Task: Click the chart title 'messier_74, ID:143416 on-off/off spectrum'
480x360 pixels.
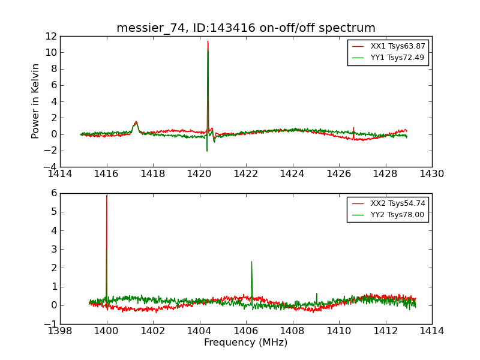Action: [x=246, y=28]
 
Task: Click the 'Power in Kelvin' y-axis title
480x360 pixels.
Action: [x=36, y=101]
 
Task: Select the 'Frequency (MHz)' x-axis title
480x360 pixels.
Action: [x=246, y=343]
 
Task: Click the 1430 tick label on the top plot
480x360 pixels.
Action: [x=431, y=174]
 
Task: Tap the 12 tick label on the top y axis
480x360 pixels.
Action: [x=50, y=36]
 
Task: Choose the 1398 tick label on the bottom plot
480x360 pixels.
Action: [x=60, y=331]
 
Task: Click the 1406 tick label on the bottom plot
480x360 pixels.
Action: [x=246, y=331]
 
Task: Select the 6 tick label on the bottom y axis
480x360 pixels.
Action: [x=53, y=193]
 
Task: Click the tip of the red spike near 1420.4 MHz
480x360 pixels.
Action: [x=208, y=41]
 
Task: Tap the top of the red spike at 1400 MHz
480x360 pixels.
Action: [x=107, y=196]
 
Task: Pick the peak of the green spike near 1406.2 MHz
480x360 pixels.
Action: [x=251, y=262]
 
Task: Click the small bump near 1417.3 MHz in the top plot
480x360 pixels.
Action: [x=136, y=122]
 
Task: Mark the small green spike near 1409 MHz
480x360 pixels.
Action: [x=317, y=293]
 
